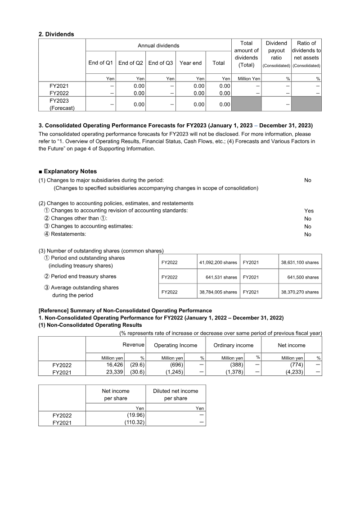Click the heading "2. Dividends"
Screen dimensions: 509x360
pyautogui.click(x=57, y=34)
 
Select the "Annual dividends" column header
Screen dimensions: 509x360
pyautogui.click(x=158, y=45)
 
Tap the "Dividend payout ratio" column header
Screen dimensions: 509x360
pyautogui.click(x=276, y=54)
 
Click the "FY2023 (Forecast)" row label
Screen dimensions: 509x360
pyautogui.click(x=62, y=104)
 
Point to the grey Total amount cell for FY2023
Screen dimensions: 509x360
pyautogui.click(x=246, y=104)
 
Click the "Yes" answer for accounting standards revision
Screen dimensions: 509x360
pyautogui.click(x=309, y=211)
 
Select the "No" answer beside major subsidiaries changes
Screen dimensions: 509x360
pyautogui.click(x=308, y=180)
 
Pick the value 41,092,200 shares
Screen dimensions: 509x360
pyautogui.click(x=218, y=262)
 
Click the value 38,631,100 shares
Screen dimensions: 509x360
pyautogui.click(x=300, y=262)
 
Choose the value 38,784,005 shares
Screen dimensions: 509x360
pyautogui.click(x=218, y=292)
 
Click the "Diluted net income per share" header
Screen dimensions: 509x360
pyautogui.click(x=175, y=395)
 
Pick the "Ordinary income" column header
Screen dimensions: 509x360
pyautogui.click(x=233, y=345)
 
